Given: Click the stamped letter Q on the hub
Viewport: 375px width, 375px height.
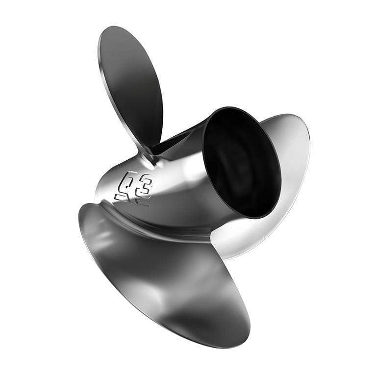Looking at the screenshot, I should click(x=128, y=181).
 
